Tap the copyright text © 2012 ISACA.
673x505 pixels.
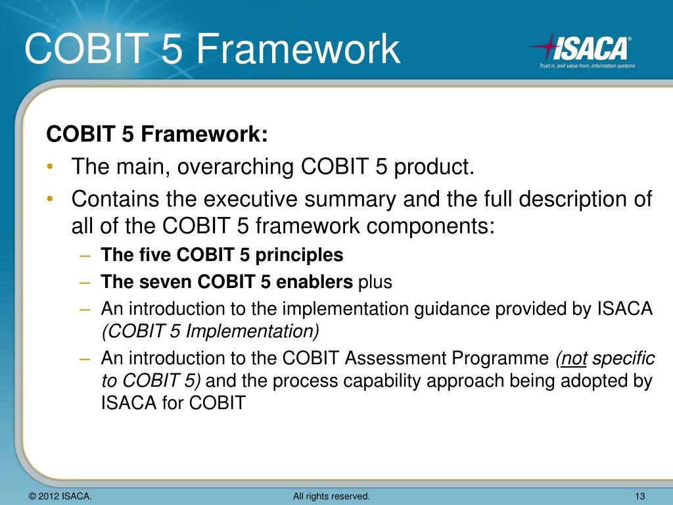pos(60,496)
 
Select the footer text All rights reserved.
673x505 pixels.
pos(331,496)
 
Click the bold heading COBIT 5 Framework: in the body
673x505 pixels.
pos(157,135)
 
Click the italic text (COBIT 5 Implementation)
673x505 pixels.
pos(210,331)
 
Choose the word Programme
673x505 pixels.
pos(500,359)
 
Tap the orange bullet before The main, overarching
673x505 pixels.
pos(51,168)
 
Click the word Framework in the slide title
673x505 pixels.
pos(298,50)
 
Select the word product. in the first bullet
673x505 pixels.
pos(434,167)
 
